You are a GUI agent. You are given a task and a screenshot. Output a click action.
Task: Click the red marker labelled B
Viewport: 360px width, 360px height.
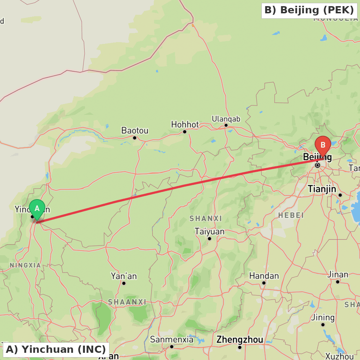[x=323, y=145]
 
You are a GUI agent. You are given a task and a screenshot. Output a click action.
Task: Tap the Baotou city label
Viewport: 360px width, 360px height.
[x=135, y=131]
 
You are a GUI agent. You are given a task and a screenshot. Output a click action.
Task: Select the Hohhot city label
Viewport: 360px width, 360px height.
[x=185, y=125]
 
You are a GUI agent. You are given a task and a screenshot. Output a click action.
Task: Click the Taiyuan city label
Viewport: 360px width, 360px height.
[x=209, y=231]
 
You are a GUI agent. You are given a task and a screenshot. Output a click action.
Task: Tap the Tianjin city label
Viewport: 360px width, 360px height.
[x=322, y=189]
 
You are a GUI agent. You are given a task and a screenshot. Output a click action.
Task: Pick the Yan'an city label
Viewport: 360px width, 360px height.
[x=124, y=276]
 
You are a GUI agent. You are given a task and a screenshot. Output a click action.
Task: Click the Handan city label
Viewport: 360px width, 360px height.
[x=264, y=276]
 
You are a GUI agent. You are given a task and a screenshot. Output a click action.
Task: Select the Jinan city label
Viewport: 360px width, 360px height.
[x=338, y=275]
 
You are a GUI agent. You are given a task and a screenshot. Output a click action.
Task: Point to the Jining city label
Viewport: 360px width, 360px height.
[x=323, y=318]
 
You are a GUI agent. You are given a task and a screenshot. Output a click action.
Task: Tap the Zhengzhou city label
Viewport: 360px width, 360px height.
[x=239, y=339]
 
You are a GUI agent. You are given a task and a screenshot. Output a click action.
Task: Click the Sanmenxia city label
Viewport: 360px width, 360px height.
[x=171, y=339]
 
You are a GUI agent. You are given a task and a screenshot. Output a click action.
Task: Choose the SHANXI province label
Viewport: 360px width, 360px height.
[x=206, y=219]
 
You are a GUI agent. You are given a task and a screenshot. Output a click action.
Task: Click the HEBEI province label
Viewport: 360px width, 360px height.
[x=291, y=215]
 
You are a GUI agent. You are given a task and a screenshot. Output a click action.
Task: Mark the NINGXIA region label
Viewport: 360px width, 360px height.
[x=25, y=265]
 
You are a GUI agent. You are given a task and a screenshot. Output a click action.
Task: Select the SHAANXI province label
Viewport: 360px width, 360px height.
[x=127, y=302]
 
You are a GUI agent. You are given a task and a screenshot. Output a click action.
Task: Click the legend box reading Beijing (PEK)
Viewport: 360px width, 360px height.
[x=309, y=10]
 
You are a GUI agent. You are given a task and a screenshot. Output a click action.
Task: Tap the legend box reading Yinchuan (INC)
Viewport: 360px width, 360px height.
[x=56, y=349]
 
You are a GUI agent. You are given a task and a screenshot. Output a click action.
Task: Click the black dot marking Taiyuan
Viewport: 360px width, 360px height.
[x=209, y=238]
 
